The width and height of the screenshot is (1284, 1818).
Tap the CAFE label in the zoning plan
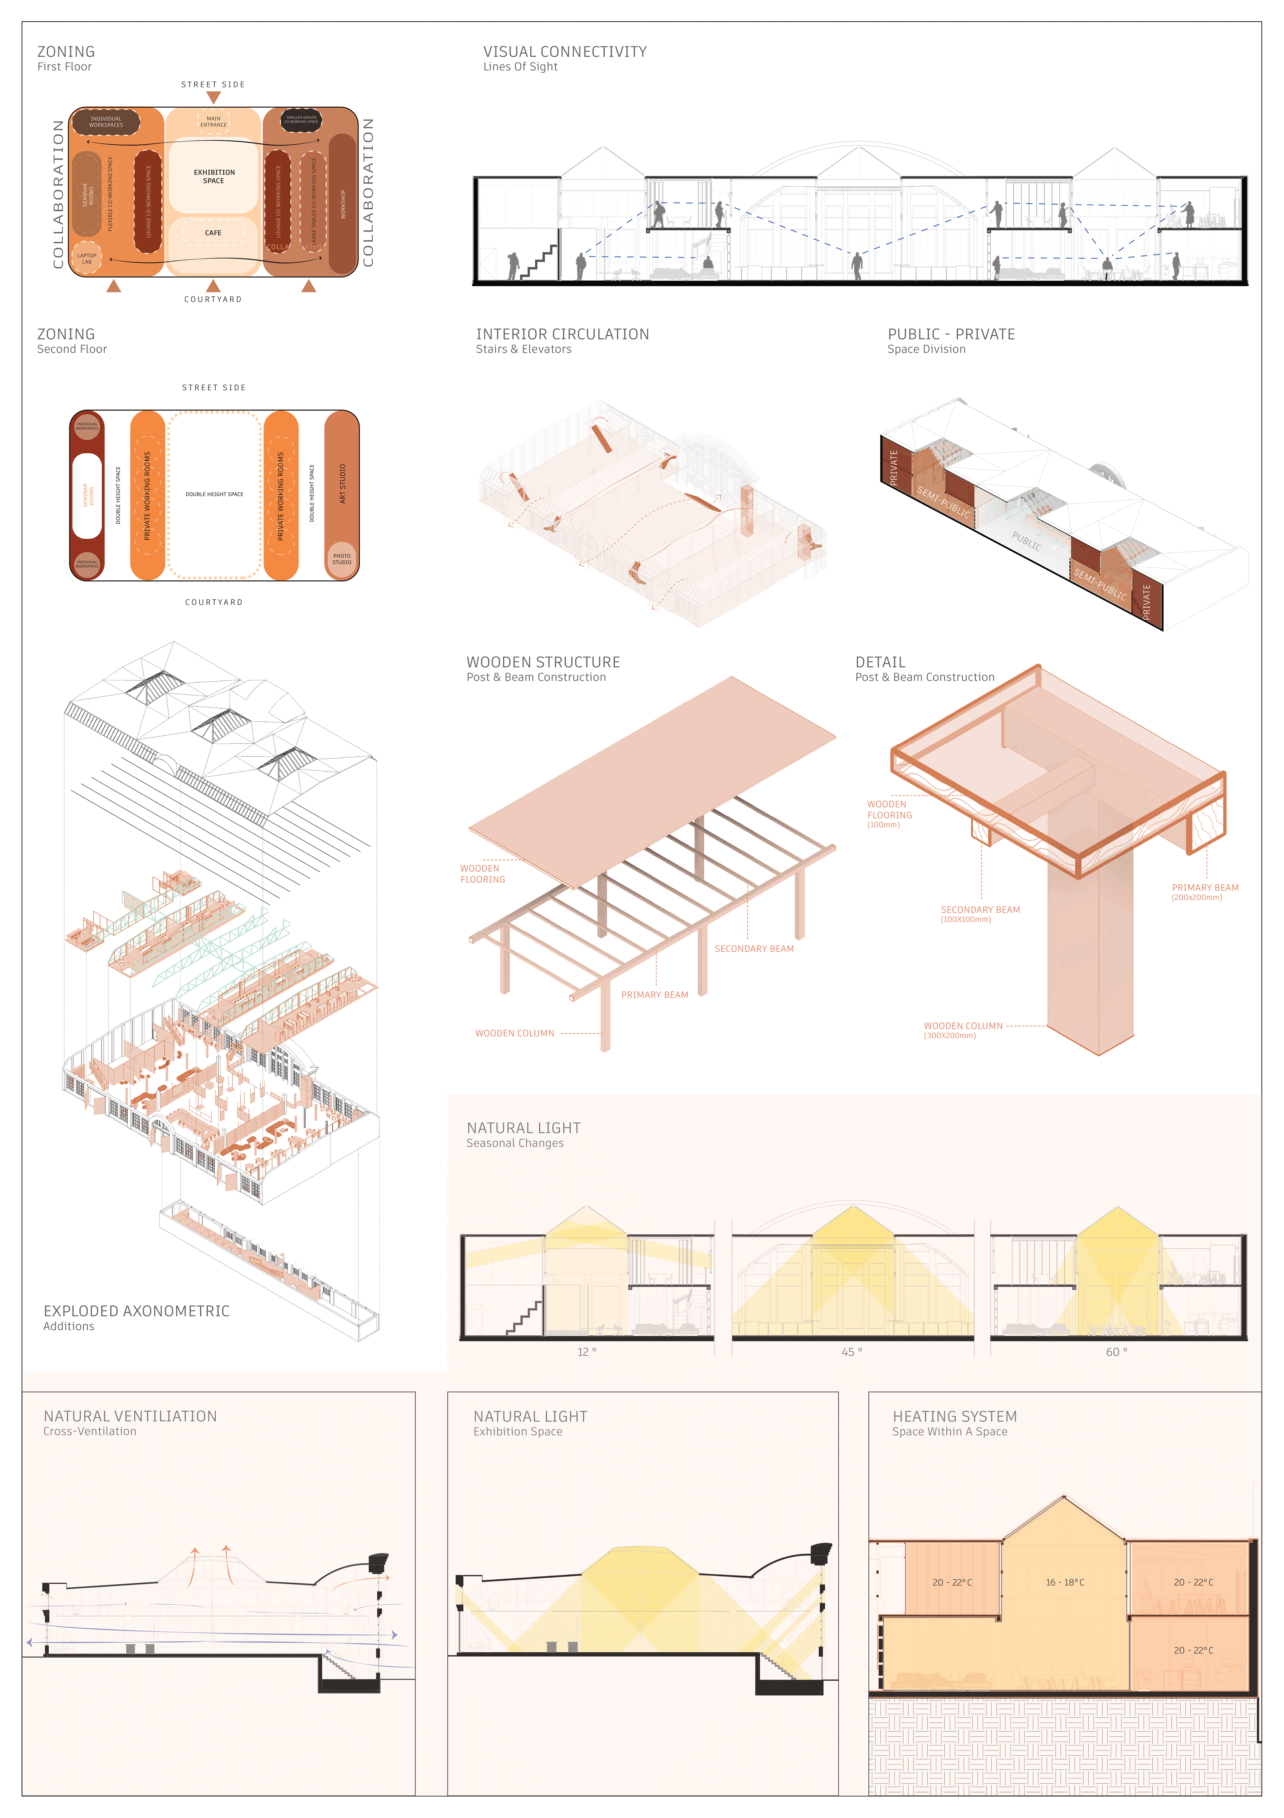tap(213, 233)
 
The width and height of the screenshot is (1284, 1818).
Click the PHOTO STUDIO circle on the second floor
tap(341, 559)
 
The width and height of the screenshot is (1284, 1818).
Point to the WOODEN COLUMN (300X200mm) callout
tap(963, 1029)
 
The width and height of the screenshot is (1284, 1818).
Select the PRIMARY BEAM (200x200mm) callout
tap(1204, 891)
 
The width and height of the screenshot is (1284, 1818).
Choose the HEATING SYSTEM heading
tap(954, 1416)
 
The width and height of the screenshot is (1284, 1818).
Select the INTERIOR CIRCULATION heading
tap(562, 334)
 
